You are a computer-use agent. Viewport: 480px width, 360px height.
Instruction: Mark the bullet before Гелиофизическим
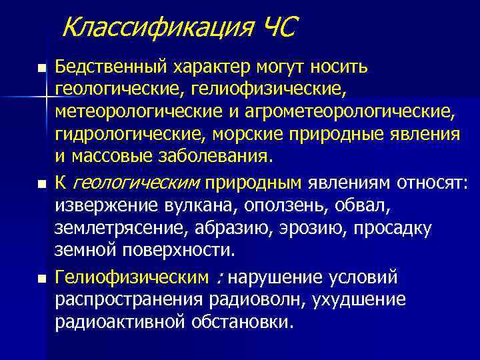43,277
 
